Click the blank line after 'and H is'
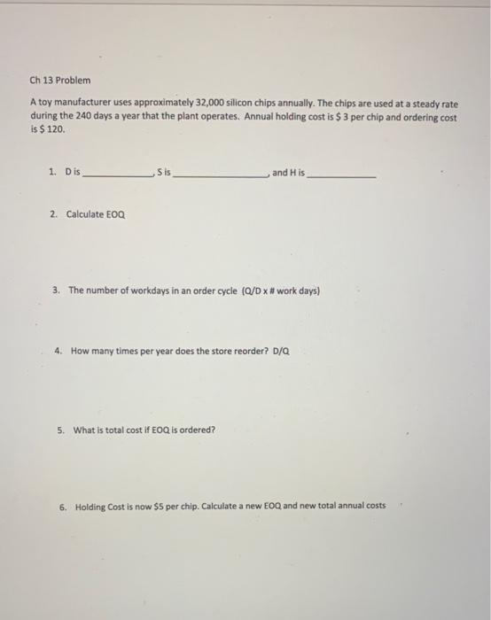(342, 176)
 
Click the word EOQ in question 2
(116, 214)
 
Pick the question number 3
(56, 290)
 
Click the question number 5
(60, 430)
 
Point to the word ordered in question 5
(197, 430)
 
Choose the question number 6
(63, 506)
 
